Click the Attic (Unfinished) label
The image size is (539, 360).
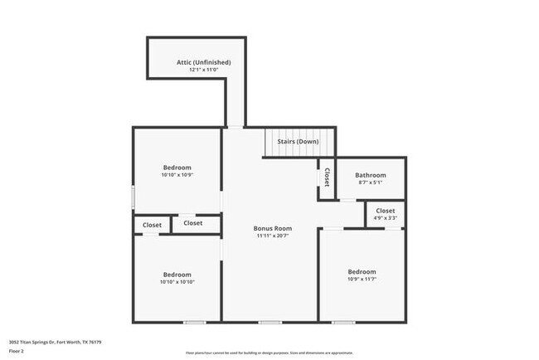(203, 62)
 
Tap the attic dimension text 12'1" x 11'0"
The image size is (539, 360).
(203, 71)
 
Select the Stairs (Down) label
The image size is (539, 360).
(298, 142)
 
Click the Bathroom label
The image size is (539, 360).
(371, 175)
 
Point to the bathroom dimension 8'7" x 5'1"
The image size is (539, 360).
(371, 183)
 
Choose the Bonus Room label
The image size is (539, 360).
(271, 227)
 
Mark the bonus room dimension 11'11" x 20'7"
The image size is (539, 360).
(271, 236)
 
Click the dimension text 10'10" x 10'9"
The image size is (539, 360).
(177, 176)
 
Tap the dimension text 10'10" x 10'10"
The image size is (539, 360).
(177, 282)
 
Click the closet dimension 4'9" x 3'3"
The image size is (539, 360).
(386, 218)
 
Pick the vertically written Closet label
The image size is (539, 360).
(327, 177)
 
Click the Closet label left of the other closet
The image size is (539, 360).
(153, 225)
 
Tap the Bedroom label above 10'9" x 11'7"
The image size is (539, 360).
(362, 272)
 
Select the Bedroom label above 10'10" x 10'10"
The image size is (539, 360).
(177, 275)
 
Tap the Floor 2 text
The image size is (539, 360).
(17, 350)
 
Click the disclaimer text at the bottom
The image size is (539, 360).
(269, 353)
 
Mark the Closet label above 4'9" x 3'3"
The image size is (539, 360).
(386, 211)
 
